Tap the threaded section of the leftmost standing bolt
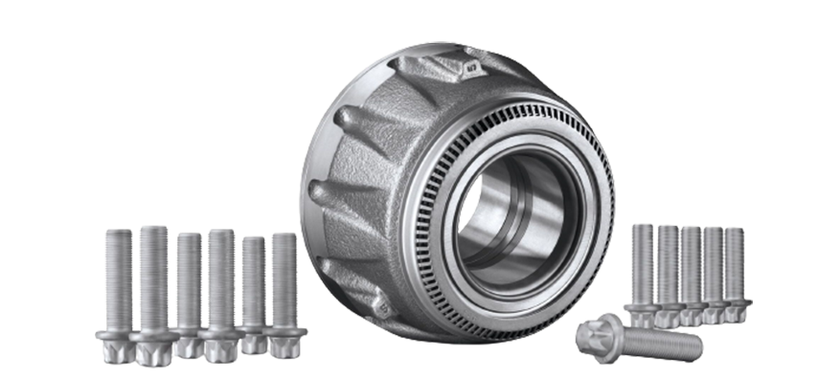(x=119, y=278)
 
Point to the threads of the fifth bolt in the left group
(x=253, y=278)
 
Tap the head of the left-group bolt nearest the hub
(x=284, y=340)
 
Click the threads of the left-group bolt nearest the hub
(x=284, y=278)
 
